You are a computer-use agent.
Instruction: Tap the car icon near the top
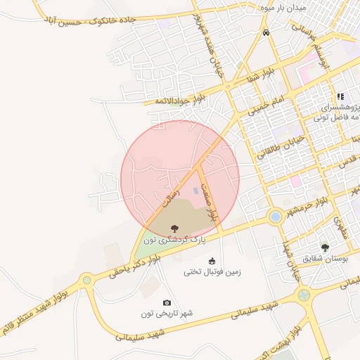pyautogui.click(x=265, y=33)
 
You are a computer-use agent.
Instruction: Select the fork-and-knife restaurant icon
pyautogui.click(x=340, y=96)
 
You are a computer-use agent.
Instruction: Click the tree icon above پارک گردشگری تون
pyautogui.click(x=174, y=228)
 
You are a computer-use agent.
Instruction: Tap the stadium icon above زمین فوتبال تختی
pyautogui.click(x=212, y=261)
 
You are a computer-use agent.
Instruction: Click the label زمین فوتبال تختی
pyautogui.click(x=212, y=271)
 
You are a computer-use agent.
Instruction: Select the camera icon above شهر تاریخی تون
pyautogui.click(x=167, y=302)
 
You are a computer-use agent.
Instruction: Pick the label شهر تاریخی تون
pyautogui.click(x=167, y=313)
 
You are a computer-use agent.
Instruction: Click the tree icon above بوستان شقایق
pyautogui.click(x=324, y=247)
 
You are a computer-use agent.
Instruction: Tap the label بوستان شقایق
pyautogui.click(x=324, y=258)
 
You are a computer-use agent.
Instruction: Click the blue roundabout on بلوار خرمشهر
pyautogui.click(x=275, y=216)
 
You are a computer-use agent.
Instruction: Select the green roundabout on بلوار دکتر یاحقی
pyautogui.click(x=86, y=280)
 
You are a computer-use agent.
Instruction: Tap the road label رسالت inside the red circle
pyautogui.click(x=171, y=193)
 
